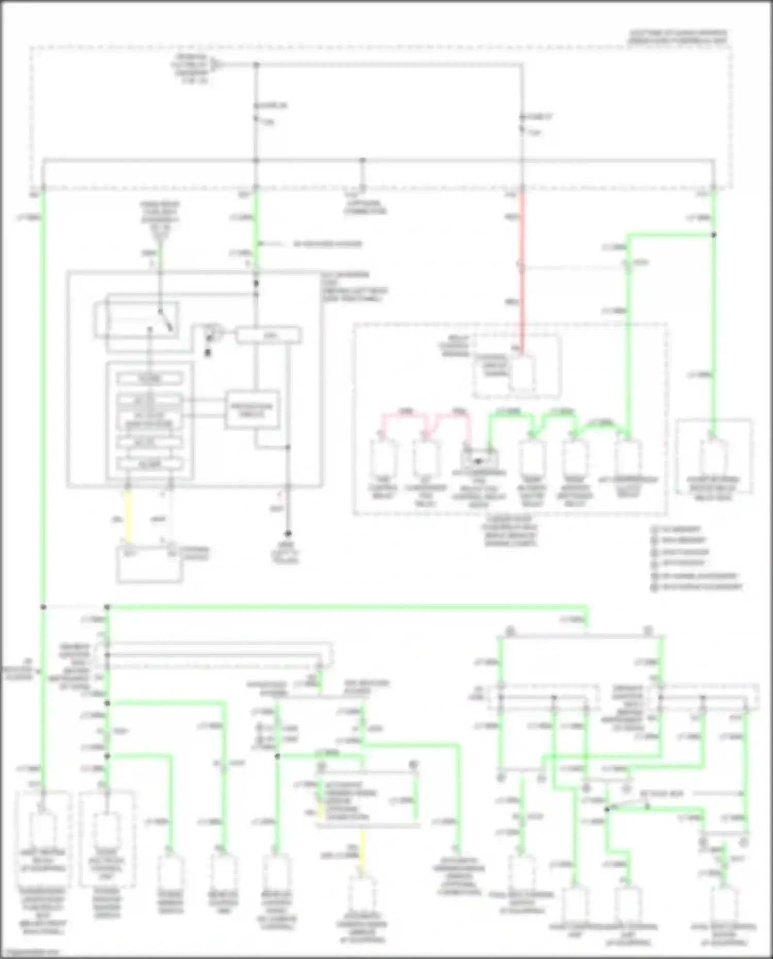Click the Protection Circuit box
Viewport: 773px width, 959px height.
252,410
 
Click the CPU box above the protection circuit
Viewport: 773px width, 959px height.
268,336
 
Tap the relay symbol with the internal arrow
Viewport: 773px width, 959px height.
479,458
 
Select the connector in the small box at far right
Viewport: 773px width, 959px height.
713,456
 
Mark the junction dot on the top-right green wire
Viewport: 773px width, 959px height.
714,235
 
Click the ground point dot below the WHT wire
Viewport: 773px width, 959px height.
288,534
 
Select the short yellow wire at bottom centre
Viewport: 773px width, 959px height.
362,847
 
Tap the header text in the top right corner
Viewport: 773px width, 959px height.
677,37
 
